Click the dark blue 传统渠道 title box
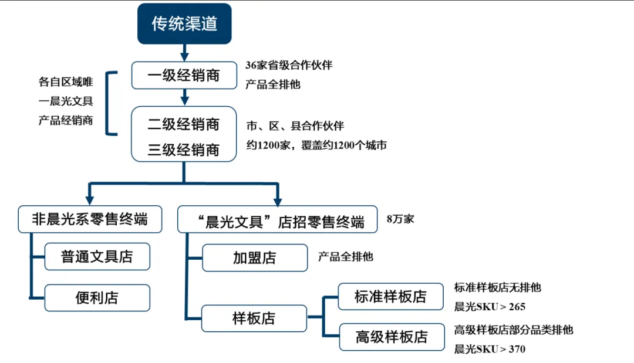click(x=184, y=24)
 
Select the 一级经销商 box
click(x=184, y=75)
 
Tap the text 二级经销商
click(x=184, y=124)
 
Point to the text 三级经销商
click(x=184, y=150)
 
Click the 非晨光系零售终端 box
click(x=90, y=219)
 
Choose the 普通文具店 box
click(x=97, y=257)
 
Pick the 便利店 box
click(x=97, y=298)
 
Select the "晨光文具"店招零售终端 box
click(x=278, y=220)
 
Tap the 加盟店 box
click(x=254, y=258)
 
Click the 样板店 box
click(x=254, y=319)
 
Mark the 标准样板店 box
click(x=390, y=296)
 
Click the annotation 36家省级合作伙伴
click(x=289, y=65)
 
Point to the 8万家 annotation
click(x=400, y=219)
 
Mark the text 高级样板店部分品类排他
click(x=513, y=330)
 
